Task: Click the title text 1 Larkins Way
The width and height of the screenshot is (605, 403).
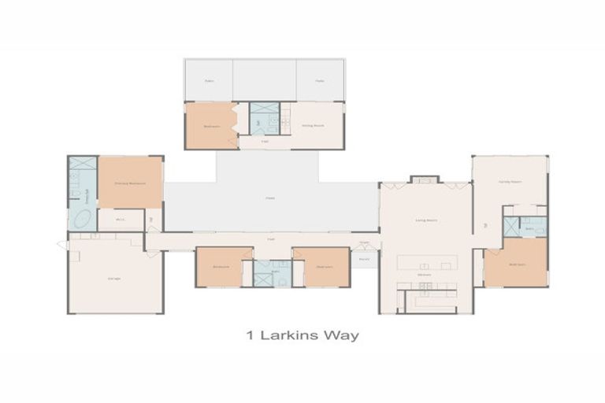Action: tap(302, 336)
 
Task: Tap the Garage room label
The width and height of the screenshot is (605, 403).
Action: tap(114, 279)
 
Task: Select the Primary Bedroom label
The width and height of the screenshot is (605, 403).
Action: tap(130, 183)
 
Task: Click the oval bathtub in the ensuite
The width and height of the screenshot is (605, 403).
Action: tap(82, 219)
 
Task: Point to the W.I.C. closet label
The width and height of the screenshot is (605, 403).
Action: tap(121, 220)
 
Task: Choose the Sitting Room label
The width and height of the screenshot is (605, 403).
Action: tap(313, 125)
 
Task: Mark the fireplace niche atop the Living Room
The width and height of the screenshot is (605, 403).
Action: tap(424, 179)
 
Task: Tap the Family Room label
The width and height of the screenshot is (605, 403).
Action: tap(510, 181)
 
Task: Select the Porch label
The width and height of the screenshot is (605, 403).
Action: tap(363, 258)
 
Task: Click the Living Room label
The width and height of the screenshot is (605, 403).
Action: tap(426, 221)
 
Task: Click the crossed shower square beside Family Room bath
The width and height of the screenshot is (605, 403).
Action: tap(512, 227)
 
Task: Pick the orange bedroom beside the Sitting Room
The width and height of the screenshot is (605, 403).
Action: tap(211, 125)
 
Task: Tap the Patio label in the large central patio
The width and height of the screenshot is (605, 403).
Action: tap(270, 198)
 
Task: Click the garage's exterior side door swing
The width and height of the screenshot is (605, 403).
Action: tap(64, 245)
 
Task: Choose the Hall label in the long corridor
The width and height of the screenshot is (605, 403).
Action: tap(270, 238)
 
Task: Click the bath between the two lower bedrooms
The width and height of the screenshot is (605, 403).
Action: tap(273, 272)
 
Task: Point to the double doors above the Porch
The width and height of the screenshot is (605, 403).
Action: tap(364, 246)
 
